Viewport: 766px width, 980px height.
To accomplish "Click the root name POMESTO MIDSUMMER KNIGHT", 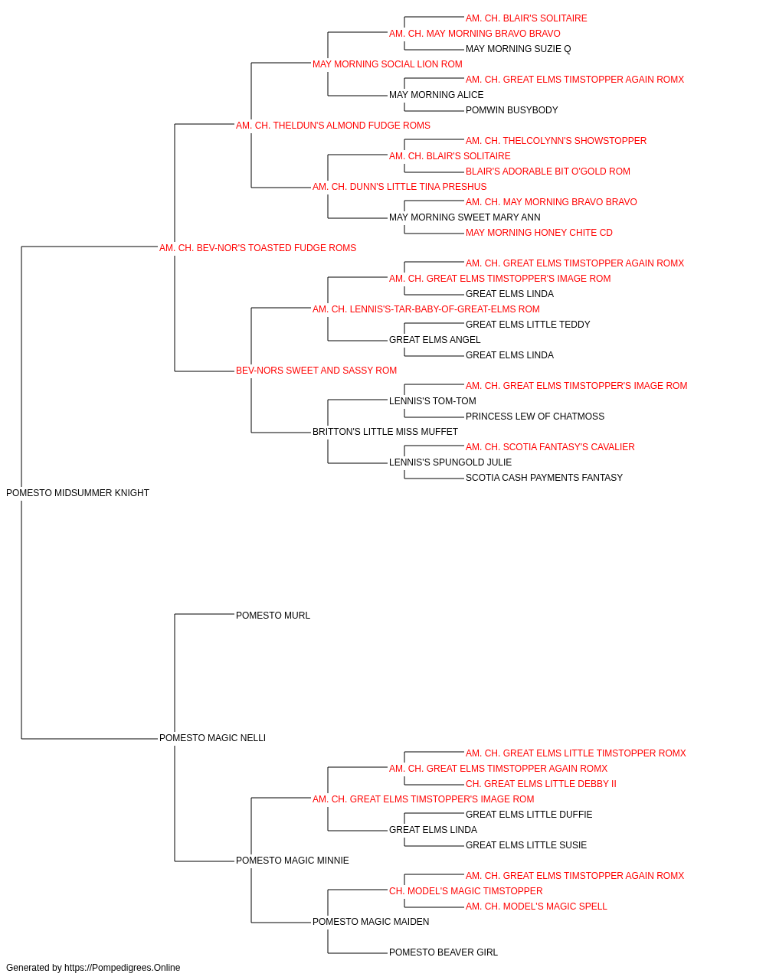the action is pyautogui.click(x=77, y=493).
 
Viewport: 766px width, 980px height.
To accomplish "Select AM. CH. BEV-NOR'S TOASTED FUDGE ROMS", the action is pyautogui.click(x=257, y=248).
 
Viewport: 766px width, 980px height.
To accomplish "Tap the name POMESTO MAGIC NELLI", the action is pyautogui.click(x=212, y=738).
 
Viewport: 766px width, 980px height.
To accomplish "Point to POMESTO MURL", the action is pyautogui.click(x=273, y=616).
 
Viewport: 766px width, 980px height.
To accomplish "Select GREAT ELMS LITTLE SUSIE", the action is pyautogui.click(x=526, y=844).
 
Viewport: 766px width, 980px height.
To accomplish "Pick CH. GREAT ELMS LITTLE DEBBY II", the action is pyautogui.click(x=541, y=784).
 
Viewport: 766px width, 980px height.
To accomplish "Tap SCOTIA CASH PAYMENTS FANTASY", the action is pyautogui.click(x=544, y=478).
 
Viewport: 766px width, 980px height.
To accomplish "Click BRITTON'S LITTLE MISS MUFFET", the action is pyautogui.click(x=385, y=432).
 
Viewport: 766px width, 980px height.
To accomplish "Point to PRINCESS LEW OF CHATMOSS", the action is pyautogui.click(x=535, y=416).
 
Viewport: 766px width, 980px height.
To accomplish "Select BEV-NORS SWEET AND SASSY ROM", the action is pyautogui.click(x=316, y=371).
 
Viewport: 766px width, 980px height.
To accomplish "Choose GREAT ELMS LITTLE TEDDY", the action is pyautogui.click(x=528, y=325).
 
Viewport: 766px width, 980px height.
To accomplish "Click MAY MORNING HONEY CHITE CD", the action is pyautogui.click(x=539, y=233).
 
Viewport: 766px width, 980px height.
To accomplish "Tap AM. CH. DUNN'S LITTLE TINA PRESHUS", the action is pyautogui.click(x=400, y=187).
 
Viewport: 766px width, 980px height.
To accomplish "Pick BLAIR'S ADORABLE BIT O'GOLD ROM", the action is pyautogui.click(x=548, y=171).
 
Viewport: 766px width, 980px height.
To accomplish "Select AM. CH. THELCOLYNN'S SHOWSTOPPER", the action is pyautogui.click(x=556, y=141).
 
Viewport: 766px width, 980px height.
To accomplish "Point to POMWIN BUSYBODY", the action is pyautogui.click(x=512, y=110).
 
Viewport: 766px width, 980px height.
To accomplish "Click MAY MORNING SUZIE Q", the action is pyautogui.click(x=519, y=49).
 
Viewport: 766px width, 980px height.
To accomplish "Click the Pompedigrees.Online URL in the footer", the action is pyautogui.click(x=123, y=968).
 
